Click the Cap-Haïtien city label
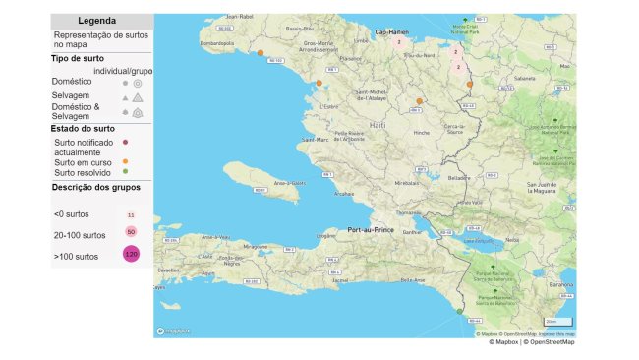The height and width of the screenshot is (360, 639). pyautogui.click(x=391, y=31)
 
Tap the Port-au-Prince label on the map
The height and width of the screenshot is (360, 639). pyautogui.click(x=370, y=230)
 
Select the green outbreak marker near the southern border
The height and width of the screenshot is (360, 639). pyautogui.click(x=459, y=312)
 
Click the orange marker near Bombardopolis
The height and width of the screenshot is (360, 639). pyautogui.click(x=260, y=54)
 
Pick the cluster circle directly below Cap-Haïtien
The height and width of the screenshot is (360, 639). pyautogui.click(x=399, y=42)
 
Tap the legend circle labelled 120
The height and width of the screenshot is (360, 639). pyautogui.click(x=131, y=254)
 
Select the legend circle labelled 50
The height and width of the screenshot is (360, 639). pyautogui.click(x=131, y=231)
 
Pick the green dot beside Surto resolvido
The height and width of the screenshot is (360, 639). pyautogui.click(x=125, y=173)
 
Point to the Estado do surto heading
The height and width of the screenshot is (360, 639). pyautogui.click(x=85, y=128)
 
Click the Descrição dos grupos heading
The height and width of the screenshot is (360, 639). pyautogui.click(x=95, y=187)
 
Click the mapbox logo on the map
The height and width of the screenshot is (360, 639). pyautogui.click(x=174, y=330)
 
